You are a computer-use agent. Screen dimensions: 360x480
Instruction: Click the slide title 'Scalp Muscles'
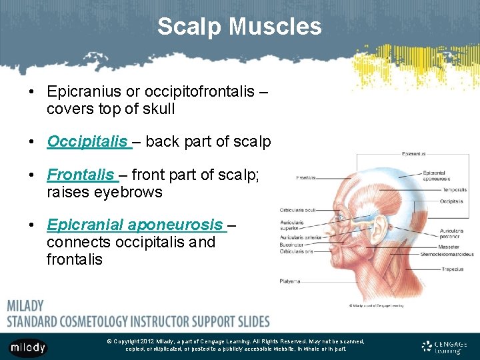239,27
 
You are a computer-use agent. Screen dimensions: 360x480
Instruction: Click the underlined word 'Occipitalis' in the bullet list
87,141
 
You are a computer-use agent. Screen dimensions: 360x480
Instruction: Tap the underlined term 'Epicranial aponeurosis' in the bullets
135,225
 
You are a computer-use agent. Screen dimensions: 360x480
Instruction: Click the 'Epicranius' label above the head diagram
414,153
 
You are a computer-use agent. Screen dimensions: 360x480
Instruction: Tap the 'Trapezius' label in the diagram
433,269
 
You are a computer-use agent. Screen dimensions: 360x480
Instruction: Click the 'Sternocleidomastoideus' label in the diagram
447,254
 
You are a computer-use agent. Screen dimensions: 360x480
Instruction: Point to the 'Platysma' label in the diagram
290,281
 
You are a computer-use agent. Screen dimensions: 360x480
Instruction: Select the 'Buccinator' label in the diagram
291,245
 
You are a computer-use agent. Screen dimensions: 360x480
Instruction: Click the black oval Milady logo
28,347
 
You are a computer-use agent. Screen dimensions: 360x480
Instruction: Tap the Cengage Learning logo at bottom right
445,347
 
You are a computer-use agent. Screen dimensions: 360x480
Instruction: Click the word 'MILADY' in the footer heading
25,306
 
